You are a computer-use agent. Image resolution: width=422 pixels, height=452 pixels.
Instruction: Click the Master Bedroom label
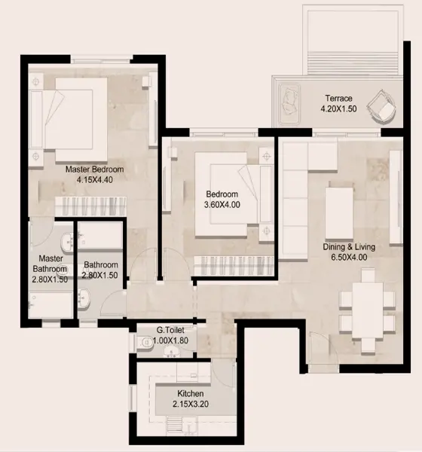[x=95, y=169]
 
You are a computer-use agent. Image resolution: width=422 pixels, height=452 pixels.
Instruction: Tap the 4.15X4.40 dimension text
[x=95, y=180]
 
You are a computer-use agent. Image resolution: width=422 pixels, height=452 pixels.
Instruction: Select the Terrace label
[x=338, y=98]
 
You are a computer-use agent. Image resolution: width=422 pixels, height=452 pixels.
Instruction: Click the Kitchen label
[x=191, y=393]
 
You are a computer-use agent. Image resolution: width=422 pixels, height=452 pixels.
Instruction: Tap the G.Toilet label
[x=170, y=330]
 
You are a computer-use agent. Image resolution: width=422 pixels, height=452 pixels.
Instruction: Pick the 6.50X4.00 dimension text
[x=349, y=257]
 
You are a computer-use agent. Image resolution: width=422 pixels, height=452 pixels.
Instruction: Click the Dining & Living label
[x=349, y=247]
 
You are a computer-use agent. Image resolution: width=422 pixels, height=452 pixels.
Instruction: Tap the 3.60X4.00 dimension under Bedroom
[x=222, y=205]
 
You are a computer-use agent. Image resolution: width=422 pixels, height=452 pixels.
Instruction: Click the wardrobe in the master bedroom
[x=91, y=206]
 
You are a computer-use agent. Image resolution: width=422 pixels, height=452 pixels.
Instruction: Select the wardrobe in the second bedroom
[x=234, y=265]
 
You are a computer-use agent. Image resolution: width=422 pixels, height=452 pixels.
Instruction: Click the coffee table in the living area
[x=339, y=213]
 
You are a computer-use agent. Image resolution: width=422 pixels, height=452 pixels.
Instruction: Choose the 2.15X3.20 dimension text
[x=191, y=404]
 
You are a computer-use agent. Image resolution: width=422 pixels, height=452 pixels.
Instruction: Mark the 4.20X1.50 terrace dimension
[x=338, y=109]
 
